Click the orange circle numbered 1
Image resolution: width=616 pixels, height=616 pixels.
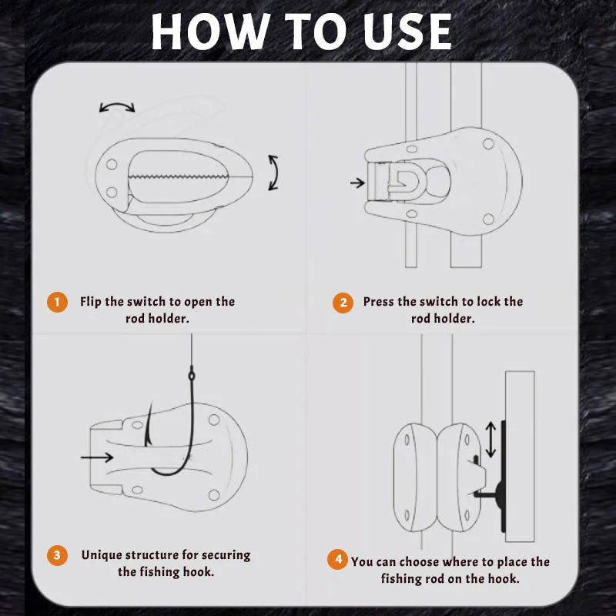(56, 301)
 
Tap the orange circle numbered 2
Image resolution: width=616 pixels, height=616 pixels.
(343, 302)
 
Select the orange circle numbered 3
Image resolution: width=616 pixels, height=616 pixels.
(56, 554)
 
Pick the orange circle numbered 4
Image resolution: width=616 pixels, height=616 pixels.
(336, 560)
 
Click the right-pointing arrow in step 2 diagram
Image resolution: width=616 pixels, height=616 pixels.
(357, 183)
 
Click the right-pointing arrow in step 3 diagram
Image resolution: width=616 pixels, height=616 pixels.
(95, 457)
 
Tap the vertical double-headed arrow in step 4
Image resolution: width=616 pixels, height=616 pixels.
(490, 440)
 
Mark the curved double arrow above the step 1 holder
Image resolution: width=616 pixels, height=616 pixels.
(117, 107)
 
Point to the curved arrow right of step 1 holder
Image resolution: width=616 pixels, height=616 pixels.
(273, 172)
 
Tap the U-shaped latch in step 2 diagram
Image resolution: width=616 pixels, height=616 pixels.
(403, 184)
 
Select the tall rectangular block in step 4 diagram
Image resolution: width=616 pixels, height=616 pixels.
(519, 454)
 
